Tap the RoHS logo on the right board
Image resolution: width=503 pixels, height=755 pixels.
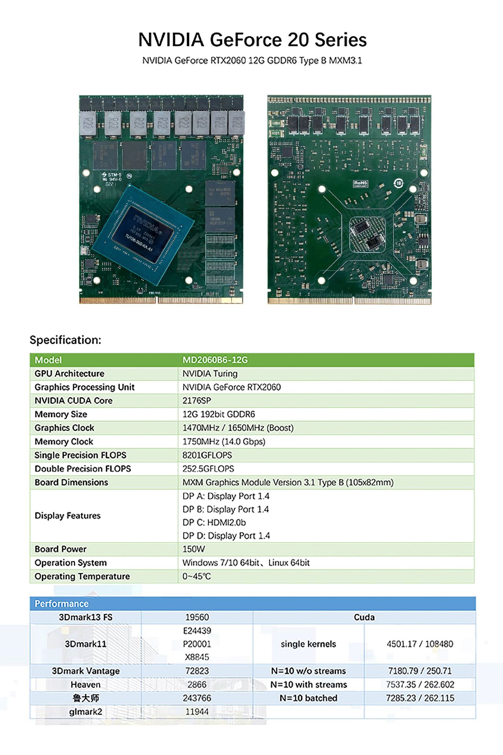pos(360,184)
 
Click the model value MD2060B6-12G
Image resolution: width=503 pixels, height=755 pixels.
pos(215,360)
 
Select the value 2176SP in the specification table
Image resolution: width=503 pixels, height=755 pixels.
pos(197,401)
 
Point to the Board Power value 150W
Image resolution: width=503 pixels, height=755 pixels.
pos(193,549)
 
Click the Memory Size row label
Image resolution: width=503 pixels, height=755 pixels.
pos(61,414)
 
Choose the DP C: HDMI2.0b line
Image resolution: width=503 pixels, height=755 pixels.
pos(214,522)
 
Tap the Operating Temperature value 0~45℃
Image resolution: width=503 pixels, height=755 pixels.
pos(197,576)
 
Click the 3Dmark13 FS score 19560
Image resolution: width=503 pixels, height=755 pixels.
pos(197,617)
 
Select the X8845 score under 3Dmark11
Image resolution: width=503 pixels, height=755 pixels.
pos(197,657)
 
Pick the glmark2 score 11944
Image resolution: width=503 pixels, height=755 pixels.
pos(197,712)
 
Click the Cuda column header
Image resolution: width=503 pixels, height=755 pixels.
pos(364,617)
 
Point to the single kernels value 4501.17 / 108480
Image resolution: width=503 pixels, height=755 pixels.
pos(420,644)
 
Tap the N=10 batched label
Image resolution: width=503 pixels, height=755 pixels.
pos(308,698)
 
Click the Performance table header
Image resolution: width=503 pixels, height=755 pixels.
pos(62,604)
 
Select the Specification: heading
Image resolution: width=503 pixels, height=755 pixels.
pos(65,340)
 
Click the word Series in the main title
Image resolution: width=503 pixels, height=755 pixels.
pos(341,40)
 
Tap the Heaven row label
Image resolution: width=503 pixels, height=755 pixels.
pos(85,685)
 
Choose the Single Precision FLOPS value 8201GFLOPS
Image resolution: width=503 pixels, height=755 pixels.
pos(207,455)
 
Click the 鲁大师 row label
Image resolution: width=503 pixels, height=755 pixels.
pos(85,698)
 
